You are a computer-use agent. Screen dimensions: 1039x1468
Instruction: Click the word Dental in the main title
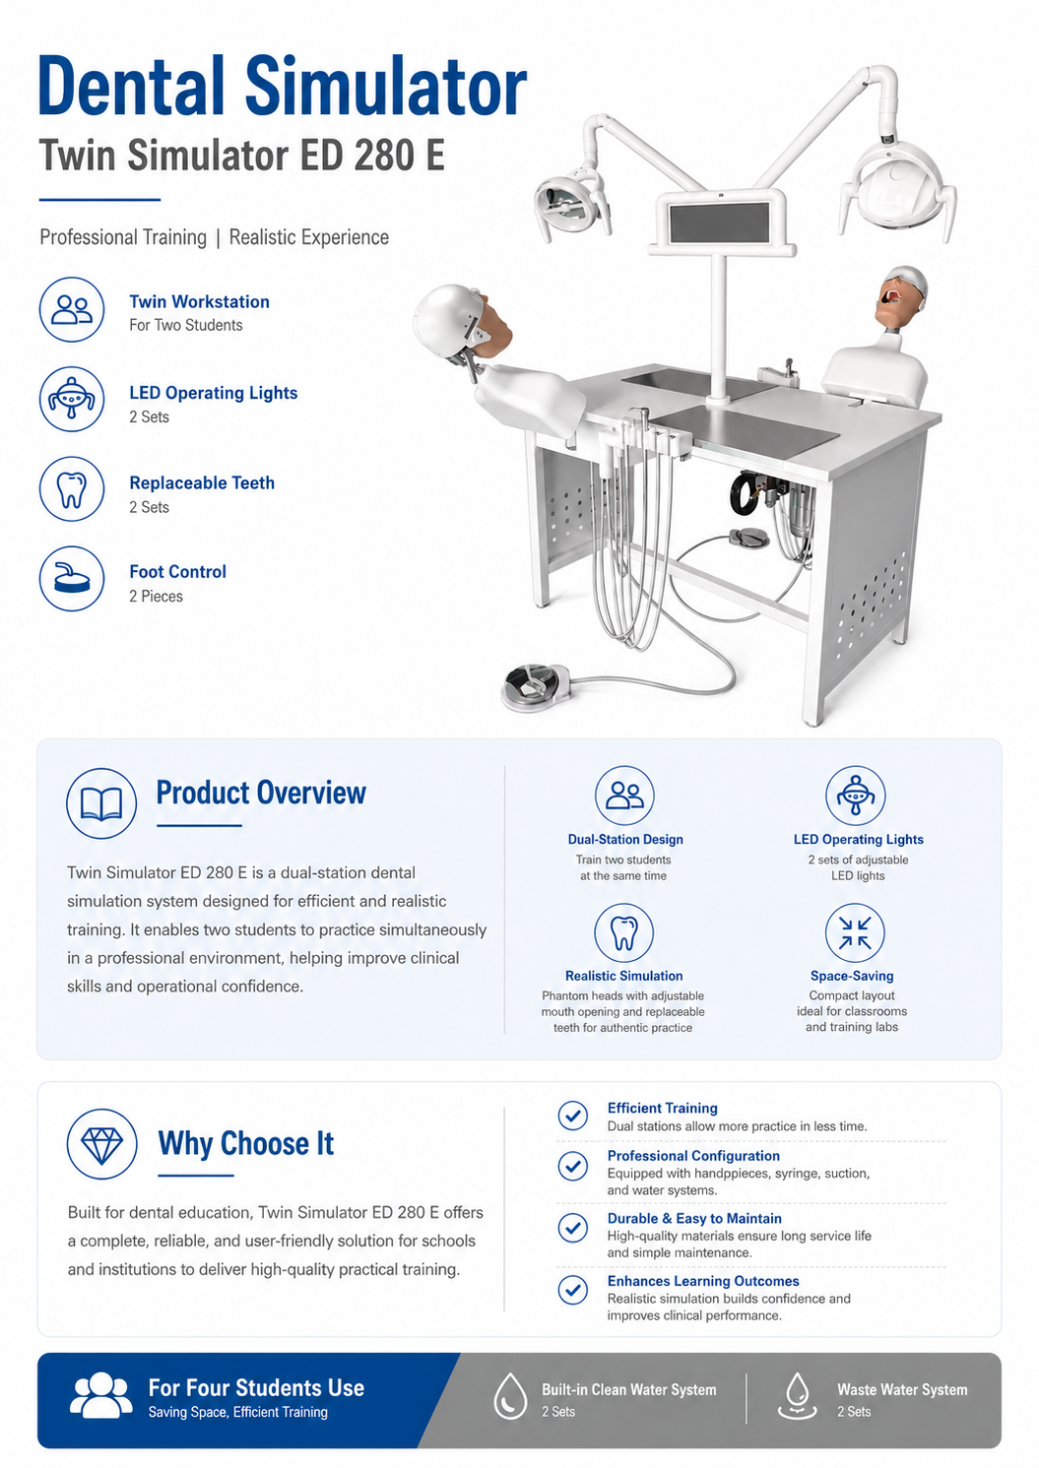pos(132,87)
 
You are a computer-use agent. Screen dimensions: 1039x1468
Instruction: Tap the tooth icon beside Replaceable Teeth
pos(72,489)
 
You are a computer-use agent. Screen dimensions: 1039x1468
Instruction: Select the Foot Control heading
pos(177,571)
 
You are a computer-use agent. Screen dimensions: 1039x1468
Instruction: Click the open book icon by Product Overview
pos(101,802)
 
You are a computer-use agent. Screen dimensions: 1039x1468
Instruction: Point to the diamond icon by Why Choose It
pos(101,1144)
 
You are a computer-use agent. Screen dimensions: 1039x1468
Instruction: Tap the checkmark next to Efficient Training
pos(572,1115)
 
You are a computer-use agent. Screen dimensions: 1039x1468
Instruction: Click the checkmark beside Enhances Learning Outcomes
pos(572,1289)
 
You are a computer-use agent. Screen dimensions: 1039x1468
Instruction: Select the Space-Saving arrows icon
pos(855,932)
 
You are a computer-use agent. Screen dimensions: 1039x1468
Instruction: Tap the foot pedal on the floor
pos(536,687)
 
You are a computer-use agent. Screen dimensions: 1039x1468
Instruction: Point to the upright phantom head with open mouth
pos(902,297)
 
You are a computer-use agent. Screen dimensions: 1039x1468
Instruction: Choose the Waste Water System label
pos(902,1389)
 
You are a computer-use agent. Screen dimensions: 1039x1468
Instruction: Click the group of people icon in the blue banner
pos(101,1395)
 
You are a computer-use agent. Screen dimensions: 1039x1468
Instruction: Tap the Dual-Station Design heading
pos(625,840)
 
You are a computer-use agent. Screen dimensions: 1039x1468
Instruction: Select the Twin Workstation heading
pos(199,301)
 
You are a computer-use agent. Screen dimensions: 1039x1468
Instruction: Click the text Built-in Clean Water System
pos(628,1389)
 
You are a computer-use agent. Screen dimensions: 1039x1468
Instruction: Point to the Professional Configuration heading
pos(693,1156)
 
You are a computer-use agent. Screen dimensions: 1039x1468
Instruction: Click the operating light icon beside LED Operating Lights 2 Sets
pos(72,399)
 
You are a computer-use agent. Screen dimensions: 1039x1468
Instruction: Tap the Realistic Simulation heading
pos(624,976)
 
